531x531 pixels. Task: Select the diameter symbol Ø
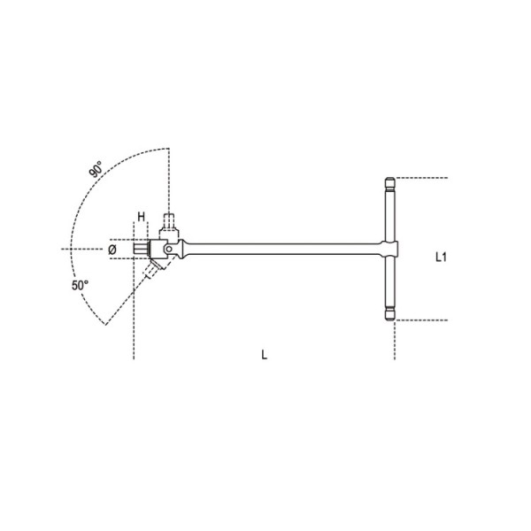(x=112, y=250)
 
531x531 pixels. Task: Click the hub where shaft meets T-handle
(x=390, y=250)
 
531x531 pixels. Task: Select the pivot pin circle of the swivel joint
(x=165, y=250)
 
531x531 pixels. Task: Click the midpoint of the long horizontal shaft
(x=283, y=250)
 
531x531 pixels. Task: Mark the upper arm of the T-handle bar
(x=390, y=217)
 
